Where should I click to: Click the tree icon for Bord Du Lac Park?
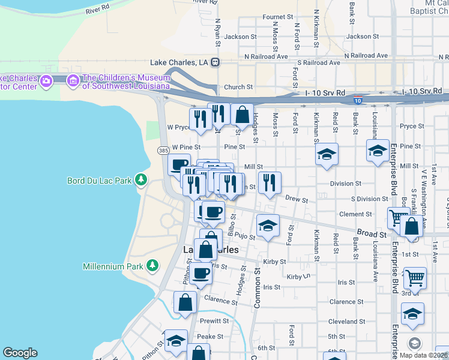coord(141,179)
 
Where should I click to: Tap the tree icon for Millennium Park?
coord(152,265)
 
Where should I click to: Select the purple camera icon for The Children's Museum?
coord(73,80)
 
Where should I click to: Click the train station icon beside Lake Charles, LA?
coord(215,62)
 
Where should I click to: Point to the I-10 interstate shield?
coord(357,101)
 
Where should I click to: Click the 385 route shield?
coord(163,150)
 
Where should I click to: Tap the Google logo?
coord(20,353)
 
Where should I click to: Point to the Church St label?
coord(238,87)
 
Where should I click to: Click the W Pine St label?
coord(185,146)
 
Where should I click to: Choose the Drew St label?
coord(297,199)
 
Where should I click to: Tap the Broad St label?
coord(373,233)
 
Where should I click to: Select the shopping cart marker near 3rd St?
coord(415,278)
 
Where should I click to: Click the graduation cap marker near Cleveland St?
coord(412,314)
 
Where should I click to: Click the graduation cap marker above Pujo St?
coord(268,226)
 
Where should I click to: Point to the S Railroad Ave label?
coord(319,62)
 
